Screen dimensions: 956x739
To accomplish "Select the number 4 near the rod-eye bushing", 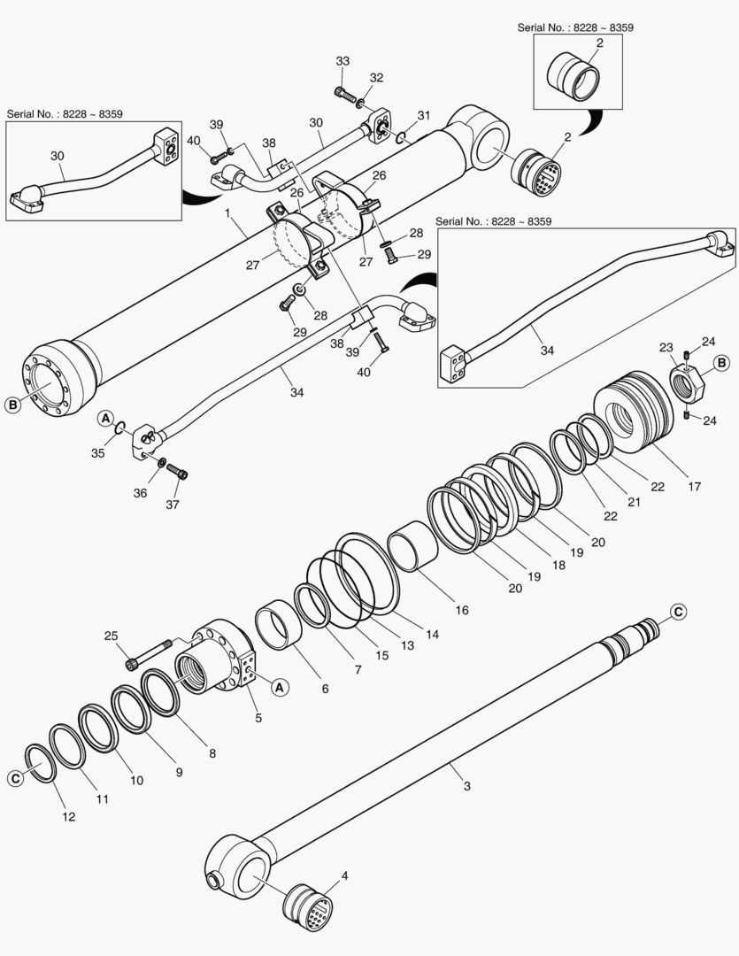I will pos(344,877).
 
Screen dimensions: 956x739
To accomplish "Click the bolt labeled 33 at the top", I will pos(347,93).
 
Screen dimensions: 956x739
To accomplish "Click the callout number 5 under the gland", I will pos(258,718).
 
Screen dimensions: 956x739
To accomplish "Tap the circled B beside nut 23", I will pos(721,363).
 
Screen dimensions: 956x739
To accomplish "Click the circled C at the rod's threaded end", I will pos(678,611).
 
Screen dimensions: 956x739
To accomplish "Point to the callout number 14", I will pos(431,634).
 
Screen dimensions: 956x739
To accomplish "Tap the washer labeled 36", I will pos(163,463).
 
